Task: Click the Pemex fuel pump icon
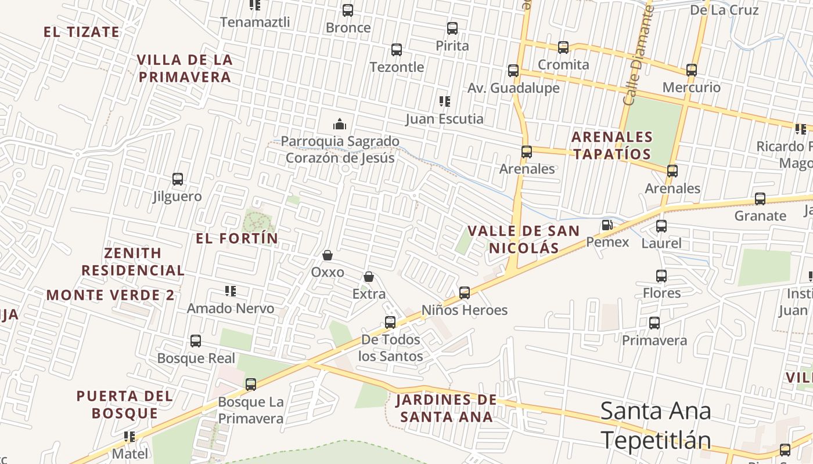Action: [607, 225]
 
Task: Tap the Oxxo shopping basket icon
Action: [328, 255]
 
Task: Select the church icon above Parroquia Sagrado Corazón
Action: [340, 124]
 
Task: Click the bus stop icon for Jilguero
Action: [178, 179]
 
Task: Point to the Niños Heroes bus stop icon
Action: [465, 293]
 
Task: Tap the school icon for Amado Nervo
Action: [231, 291]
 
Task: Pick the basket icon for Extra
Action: [369, 277]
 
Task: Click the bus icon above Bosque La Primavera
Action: [251, 384]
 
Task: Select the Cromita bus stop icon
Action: [563, 48]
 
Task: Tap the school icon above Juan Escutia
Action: [445, 101]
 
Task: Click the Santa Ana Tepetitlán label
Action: [656, 425]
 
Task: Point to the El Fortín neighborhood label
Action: [237, 238]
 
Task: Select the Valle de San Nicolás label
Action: [524, 240]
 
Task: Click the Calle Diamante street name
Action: [639, 55]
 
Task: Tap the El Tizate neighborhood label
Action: [81, 32]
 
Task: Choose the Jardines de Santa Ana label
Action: [447, 408]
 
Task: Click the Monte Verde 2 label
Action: [110, 295]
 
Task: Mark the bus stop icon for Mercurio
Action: [692, 70]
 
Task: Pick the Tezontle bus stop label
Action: [397, 67]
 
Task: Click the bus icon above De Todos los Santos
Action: [390, 322]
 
